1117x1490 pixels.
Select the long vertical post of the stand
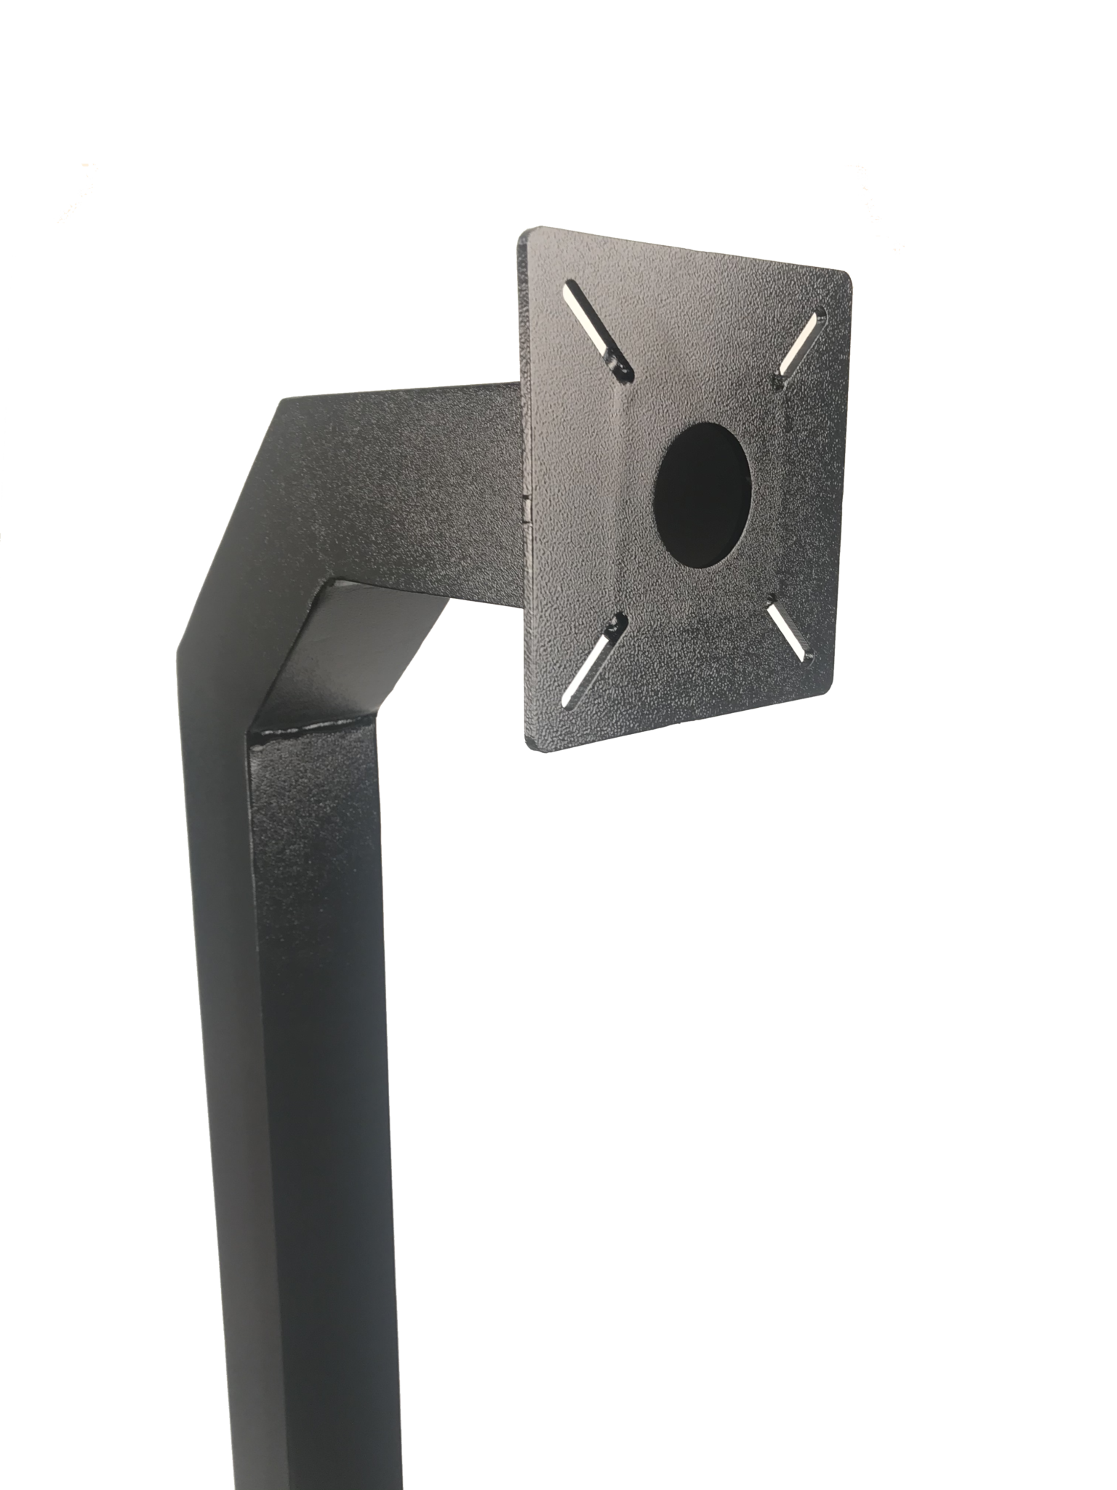pyautogui.click(x=305, y=1091)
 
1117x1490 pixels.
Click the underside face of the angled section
pyautogui.click(x=349, y=655)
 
